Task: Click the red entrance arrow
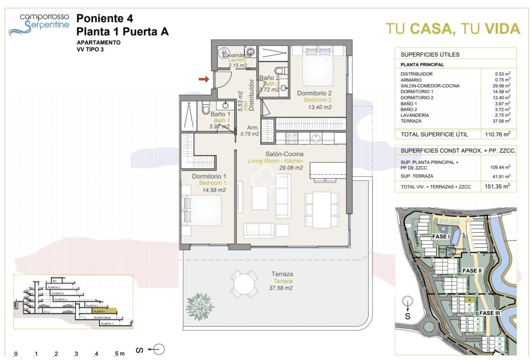[204, 79]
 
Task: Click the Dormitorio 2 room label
[314, 93]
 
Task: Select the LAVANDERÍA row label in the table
[414, 115]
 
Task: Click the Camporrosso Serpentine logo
[39, 24]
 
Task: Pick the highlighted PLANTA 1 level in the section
[104, 311]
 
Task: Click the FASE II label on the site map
[472, 271]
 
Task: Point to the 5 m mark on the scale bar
[119, 354]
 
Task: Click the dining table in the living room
[322, 209]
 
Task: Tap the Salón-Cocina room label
[284, 154]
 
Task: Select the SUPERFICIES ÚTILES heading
[430, 55]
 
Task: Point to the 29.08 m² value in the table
[502, 86]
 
